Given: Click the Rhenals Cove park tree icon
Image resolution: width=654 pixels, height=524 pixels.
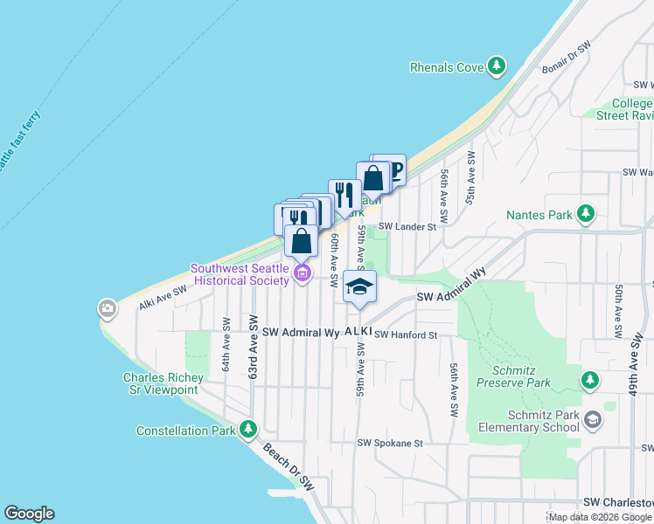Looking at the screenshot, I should click(x=497, y=65).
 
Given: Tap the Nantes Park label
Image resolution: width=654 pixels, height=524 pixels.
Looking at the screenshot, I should click(x=539, y=214).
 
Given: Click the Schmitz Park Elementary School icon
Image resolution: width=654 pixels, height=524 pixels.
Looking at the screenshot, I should click(x=593, y=420).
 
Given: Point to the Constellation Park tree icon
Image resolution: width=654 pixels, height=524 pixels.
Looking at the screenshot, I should click(x=249, y=430).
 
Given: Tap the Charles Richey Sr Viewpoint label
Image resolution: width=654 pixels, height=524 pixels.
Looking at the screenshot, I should click(x=163, y=383).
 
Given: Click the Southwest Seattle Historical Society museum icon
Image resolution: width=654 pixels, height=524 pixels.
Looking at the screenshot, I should click(x=302, y=274).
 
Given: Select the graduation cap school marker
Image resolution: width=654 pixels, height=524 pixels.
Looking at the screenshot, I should click(x=359, y=286).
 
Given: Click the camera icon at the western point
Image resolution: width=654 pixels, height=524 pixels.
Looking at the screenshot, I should click(x=108, y=308).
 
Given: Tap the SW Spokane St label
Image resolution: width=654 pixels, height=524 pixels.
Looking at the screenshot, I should click(x=389, y=444).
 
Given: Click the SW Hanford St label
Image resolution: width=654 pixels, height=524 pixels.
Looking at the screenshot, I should click(x=405, y=334).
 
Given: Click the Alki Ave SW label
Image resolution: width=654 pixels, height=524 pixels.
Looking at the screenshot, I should click(x=163, y=299).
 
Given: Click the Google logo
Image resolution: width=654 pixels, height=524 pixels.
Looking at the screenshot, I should click(x=29, y=514).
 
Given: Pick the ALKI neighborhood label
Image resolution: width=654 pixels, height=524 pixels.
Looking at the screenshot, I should click(x=358, y=332).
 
